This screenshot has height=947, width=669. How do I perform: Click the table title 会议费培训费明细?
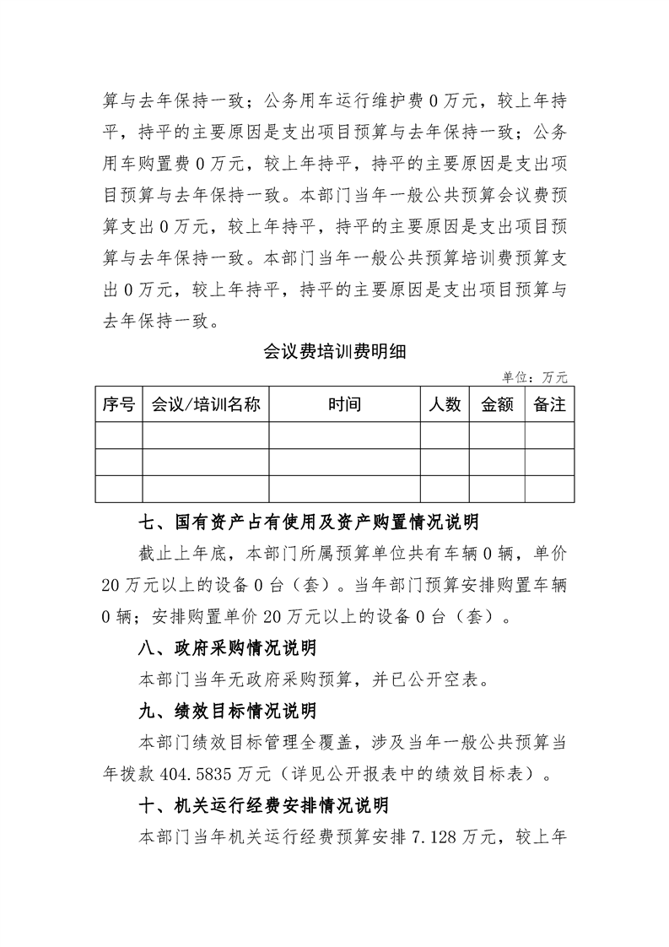[335, 352]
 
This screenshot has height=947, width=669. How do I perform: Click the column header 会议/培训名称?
[205, 405]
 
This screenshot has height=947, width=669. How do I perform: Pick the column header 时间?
[344, 405]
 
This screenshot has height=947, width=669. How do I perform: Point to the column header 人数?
[445, 405]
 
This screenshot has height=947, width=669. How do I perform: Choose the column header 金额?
[497, 405]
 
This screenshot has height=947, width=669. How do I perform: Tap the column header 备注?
[549, 405]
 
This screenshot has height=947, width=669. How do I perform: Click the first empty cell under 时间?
[344, 436]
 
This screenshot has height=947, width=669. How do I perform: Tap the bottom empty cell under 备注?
[549, 489]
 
